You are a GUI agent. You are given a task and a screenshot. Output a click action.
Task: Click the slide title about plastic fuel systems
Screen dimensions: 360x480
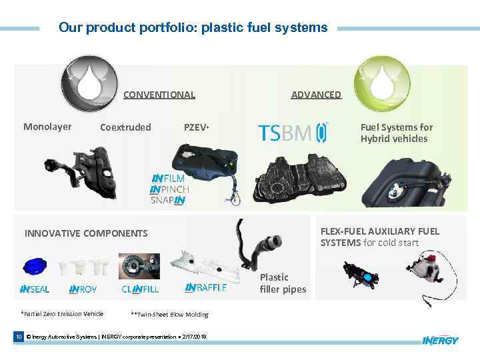193,28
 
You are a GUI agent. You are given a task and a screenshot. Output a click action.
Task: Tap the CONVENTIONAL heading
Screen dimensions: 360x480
159,95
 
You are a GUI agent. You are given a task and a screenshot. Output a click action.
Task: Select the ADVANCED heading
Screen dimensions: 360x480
316,95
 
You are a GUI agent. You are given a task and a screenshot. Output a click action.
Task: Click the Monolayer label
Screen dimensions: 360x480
47,127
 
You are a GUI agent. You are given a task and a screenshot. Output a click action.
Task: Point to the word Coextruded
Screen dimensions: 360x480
125,127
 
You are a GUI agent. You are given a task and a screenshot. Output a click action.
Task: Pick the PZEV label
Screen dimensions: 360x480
197,127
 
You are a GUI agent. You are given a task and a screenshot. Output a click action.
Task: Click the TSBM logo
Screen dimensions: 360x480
293,133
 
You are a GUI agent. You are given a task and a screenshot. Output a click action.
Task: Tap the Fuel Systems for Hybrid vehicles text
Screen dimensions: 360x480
397,133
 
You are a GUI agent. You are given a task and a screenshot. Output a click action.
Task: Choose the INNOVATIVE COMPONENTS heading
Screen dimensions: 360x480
86,233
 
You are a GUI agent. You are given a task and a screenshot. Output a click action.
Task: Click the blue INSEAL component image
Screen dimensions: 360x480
35,266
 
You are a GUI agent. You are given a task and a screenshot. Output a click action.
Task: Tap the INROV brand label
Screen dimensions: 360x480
83,289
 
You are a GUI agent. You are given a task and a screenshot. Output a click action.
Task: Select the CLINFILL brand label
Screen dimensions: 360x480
140,289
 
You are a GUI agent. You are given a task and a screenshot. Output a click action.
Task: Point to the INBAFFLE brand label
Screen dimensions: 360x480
205,288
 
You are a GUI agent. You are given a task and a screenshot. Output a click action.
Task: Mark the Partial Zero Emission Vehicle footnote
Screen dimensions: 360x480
62,314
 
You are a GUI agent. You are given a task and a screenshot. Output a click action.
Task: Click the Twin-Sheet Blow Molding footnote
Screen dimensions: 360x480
170,315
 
